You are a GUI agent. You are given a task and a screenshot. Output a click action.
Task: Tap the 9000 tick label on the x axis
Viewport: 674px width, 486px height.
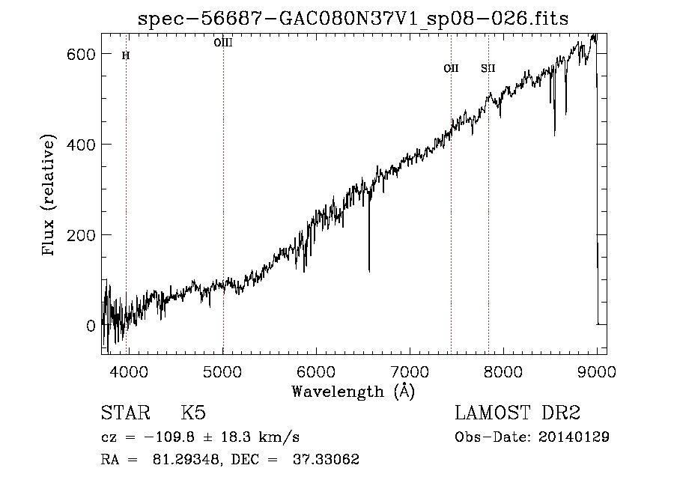[x=597, y=371]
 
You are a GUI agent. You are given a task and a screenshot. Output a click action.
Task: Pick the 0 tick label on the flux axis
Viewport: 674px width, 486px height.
[x=90, y=326]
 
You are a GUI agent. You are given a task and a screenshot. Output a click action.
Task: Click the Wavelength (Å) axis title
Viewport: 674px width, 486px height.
[x=353, y=391]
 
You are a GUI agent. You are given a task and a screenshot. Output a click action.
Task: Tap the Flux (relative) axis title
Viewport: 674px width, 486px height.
[x=50, y=196]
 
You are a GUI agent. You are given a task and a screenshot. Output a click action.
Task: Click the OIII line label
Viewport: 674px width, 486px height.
[x=223, y=43]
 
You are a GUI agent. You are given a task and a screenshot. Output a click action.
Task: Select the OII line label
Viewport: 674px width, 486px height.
[x=451, y=68]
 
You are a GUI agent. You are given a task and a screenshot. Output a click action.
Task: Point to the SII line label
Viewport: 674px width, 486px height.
[x=488, y=68]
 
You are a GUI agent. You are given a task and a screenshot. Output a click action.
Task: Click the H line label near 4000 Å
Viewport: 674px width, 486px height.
[x=126, y=55]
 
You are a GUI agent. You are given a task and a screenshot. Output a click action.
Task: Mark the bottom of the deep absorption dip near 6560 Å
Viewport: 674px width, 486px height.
[x=369, y=270]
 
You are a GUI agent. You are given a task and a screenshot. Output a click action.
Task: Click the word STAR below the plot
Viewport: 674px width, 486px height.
[x=124, y=413]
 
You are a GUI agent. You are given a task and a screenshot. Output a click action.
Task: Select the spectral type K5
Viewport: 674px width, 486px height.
[x=193, y=413]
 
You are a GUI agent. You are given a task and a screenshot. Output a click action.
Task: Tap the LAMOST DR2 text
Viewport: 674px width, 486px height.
[x=517, y=413]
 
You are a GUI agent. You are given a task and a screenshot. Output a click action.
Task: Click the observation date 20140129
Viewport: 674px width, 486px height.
[x=574, y=437]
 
